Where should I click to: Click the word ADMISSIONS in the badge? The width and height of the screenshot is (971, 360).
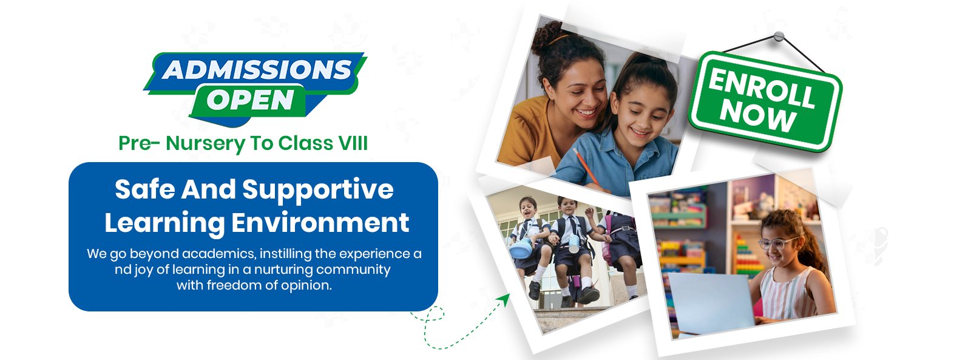257,70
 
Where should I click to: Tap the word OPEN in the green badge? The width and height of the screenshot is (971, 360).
251,100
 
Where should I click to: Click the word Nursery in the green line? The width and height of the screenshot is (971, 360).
206,144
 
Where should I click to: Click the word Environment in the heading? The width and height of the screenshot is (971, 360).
320,223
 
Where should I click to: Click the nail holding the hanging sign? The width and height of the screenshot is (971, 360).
779,36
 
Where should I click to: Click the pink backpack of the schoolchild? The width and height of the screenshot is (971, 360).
607,243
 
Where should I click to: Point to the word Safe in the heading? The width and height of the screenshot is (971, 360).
145,189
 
